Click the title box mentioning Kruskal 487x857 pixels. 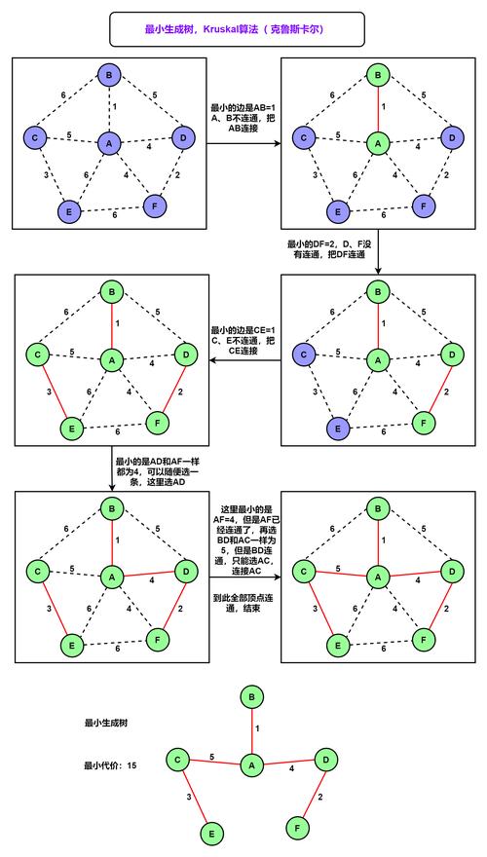(238, 29)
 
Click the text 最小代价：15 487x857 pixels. (110, 765)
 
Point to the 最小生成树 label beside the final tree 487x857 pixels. (107, 723)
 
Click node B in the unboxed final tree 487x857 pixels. (252, 697)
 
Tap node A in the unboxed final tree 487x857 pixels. (251, 766)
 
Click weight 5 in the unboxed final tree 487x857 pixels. (212, 756)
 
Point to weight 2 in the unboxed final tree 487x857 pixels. (319, 797)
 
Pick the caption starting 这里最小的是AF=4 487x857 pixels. (243, 542)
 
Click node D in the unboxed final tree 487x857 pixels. (327, 759)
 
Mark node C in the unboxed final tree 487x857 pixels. (178, 759)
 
